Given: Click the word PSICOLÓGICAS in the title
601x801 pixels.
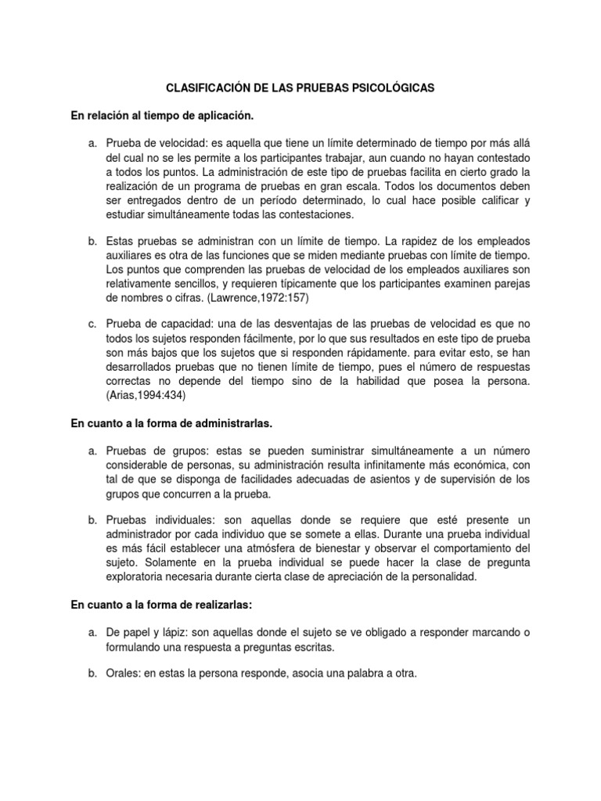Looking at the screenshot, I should tap(389, 89).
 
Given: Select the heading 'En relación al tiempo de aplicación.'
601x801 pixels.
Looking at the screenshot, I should tap(163, 116).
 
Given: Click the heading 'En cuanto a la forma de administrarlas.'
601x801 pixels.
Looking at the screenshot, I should tap(171, 423).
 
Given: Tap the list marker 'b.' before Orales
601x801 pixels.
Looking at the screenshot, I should tap(92, 671).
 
